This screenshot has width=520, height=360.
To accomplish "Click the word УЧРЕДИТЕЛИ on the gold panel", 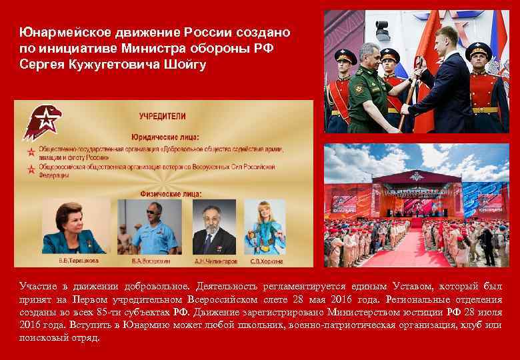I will (162, 115).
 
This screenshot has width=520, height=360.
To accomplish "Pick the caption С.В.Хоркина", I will (265, 260).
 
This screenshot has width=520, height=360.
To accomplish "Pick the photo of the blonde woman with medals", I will (265, 227).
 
